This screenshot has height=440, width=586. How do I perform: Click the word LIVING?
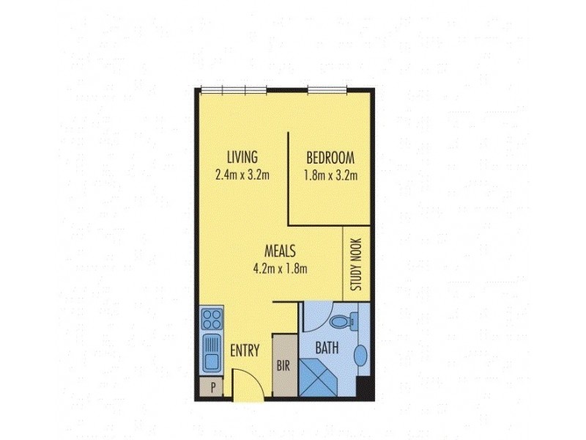click(x=242, y=157)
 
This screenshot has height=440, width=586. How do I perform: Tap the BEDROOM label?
click(x=330, y=157)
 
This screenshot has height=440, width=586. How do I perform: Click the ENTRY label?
click(x=245, y=351)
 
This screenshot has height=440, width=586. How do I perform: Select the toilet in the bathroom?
click(x=345, y=320)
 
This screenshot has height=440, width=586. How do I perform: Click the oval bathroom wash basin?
click(x=362, y=356)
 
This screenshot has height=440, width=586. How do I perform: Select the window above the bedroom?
click(x=327, y=91)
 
